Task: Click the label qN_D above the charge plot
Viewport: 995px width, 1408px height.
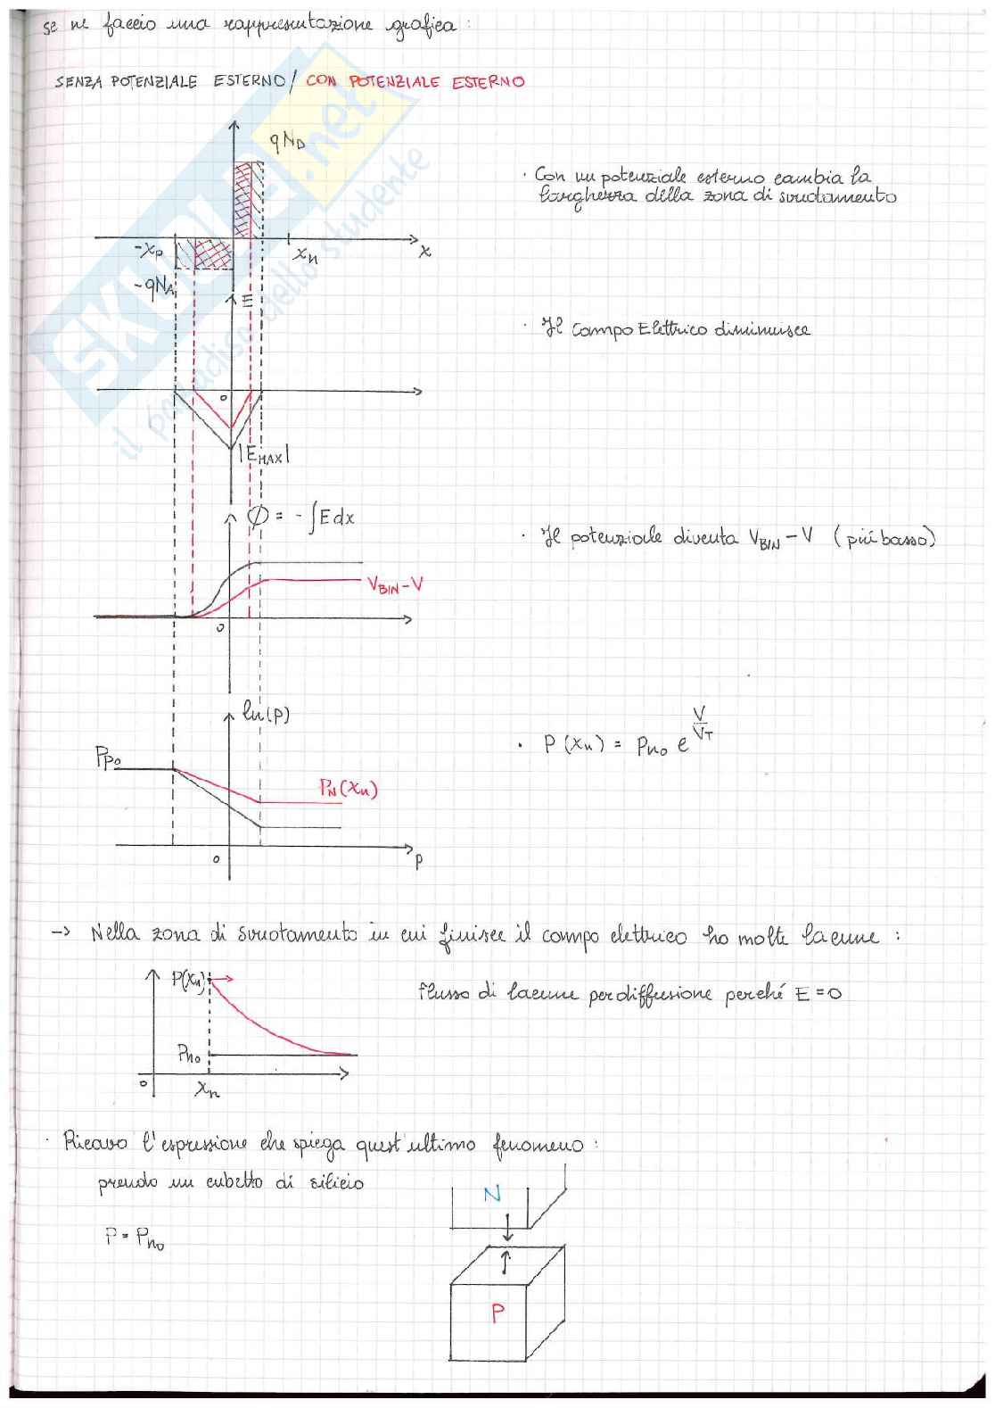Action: point(287,142)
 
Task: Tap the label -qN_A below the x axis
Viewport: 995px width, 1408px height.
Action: point(153,288)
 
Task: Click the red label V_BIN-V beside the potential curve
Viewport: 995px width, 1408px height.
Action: point(395,585)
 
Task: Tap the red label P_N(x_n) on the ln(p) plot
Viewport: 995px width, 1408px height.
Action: point(348,789)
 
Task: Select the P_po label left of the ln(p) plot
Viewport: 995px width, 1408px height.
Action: point(108,759)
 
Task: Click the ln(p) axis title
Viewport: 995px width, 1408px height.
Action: point(266,714)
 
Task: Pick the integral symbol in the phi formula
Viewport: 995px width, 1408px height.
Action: point(313,518)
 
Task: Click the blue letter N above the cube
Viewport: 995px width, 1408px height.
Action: point(491,1193)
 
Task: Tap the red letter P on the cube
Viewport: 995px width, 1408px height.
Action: point(497,1312)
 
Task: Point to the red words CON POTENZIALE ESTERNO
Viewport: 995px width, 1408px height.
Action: point(415,81)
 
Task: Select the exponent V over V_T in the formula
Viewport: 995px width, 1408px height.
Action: point(701,725)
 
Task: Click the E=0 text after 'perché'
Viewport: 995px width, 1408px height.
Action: point(818,993)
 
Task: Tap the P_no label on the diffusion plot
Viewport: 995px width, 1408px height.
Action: point(188,1055)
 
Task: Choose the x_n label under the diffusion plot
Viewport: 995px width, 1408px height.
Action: point(207,1089)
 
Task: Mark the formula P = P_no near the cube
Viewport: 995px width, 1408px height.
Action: point(135,1238)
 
